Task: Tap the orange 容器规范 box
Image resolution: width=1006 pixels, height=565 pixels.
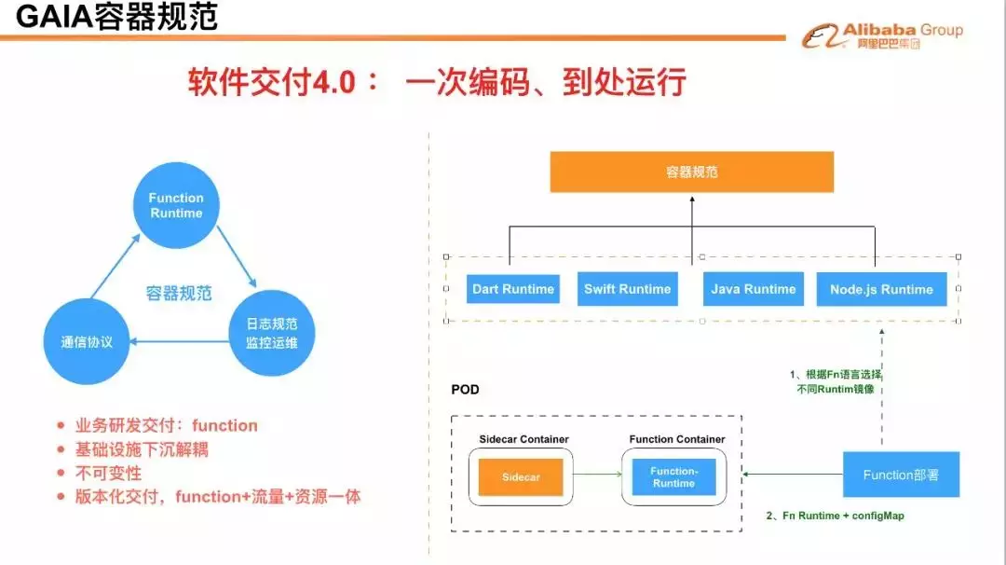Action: pyautogui.click(x=691, y=172)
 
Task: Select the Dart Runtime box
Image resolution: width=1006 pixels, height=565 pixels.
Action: pyautogui.click(x=512, y=289)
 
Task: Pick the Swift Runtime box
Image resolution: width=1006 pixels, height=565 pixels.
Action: pyautogui.click(x=627, y=289)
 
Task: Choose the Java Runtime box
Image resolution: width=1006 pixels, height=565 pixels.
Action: pyautogui.click(x=753, y=289)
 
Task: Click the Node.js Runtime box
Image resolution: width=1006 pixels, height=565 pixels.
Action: pyautogui.click(x=881, y=289)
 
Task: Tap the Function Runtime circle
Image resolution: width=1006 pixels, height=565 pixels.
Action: pyautogui.click(x=176, y=205)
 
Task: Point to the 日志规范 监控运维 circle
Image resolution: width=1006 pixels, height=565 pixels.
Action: pyautogui.click(x=271, y=334)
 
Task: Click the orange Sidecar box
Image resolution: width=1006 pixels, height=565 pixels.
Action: pyautogui.click(x=521, y=476)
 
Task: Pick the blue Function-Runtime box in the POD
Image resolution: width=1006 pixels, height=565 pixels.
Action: pyautogui.click(x=673, y=476)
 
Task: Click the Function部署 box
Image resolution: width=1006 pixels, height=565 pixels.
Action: pyautogui.click(x=900, y=475)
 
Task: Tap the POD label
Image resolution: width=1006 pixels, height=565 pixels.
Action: pyautogui.click(x=465, y=389)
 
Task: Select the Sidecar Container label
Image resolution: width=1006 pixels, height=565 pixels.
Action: pyautogui.click(x=523, y=439)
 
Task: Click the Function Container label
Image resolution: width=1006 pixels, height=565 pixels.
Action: pyautogui.click(x=677, y=439)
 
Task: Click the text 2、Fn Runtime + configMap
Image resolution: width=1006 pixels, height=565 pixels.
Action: pyautogui.click(x=835, y=516)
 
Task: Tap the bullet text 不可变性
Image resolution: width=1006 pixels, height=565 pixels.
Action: pyautogui.click(x=108, y=474)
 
